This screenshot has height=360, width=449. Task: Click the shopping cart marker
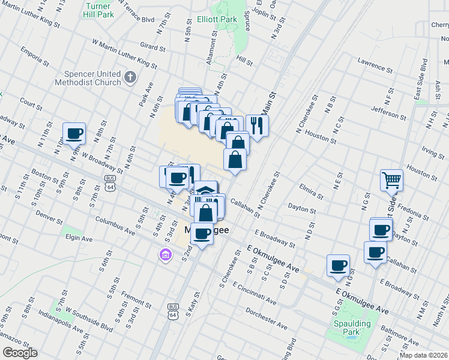391,179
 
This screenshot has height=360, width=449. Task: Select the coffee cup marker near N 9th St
74,134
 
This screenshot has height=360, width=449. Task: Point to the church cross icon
130,77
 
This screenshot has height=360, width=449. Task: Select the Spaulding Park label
353,328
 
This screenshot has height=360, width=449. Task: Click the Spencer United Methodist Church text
87,78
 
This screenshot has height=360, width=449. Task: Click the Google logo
20,353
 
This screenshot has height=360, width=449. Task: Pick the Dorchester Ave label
267,318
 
